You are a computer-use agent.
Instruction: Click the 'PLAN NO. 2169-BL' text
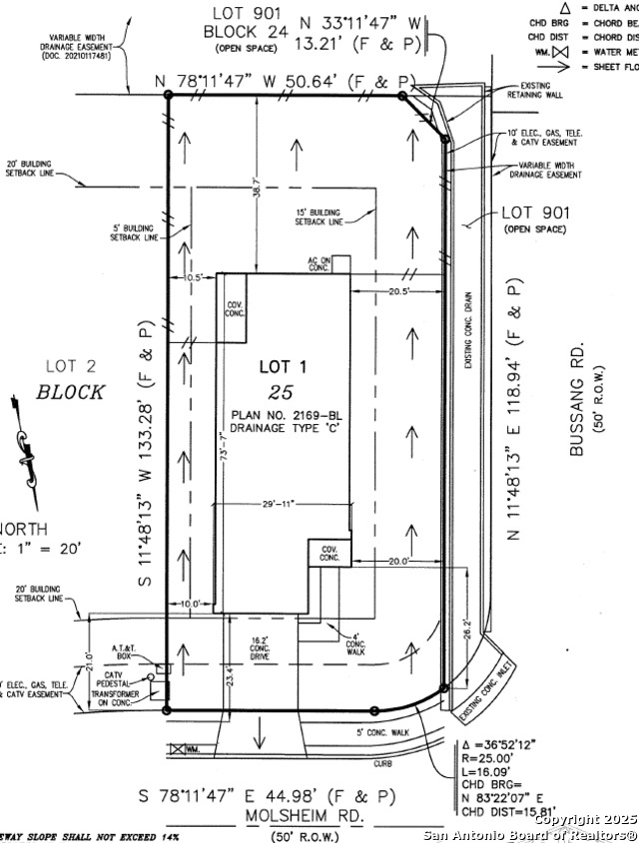pyautogui.click(x=280, y=413)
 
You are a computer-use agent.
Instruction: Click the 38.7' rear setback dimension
pyautogui.click(x=257, y=185)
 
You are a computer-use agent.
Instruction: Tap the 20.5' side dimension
pyautogui.click(x=399, y=290)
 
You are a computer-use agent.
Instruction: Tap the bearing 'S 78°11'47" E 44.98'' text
pyautogui.click(x=267, y=796)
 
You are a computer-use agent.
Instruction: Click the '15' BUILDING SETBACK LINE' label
pyautogui.click(x=318, y=217)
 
